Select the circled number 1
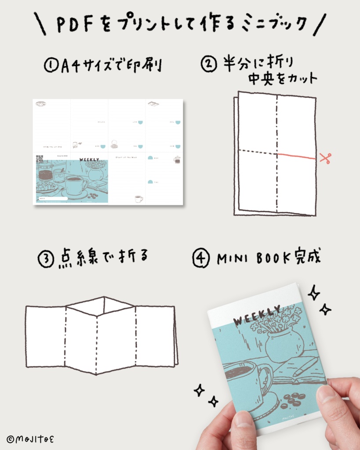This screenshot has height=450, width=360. (51, 65)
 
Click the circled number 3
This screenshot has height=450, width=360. (45, 259)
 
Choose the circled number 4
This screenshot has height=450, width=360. (201, 259)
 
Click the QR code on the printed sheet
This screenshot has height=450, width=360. (40, 159)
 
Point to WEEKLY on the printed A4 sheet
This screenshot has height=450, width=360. (89, 160)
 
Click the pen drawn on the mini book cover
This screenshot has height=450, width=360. (305, 367)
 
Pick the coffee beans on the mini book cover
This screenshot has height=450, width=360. (291, 399)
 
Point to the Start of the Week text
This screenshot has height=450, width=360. (126, 157)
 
